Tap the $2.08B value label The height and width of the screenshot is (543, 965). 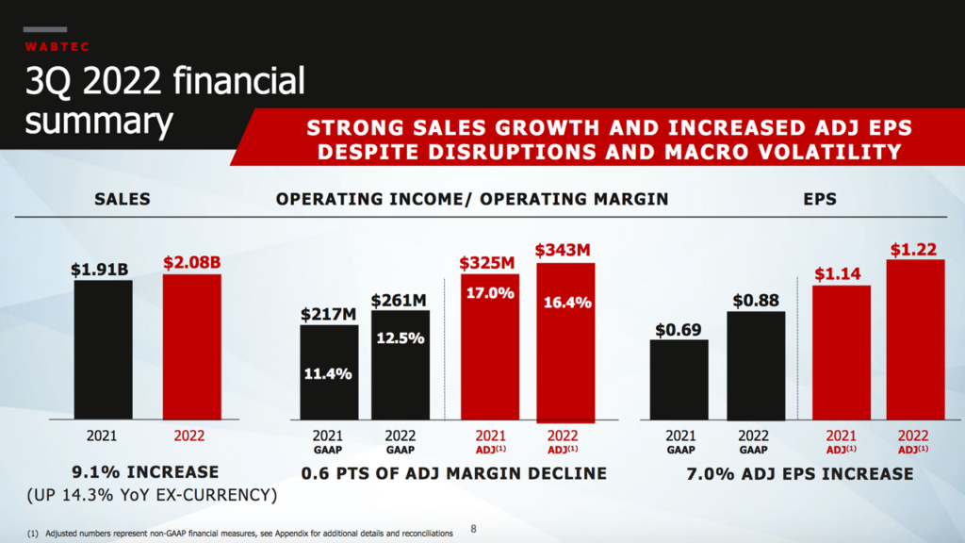[191, 263]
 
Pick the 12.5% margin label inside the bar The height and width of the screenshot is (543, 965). [400, 337]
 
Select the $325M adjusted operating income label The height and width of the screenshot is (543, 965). [489, 263]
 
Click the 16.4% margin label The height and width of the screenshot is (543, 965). [566, 303]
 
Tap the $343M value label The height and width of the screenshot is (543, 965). [566, 251]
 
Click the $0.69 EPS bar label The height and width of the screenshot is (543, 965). [679, 330]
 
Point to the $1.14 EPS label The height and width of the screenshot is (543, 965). [841, 274]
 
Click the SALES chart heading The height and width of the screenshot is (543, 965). [123, 199]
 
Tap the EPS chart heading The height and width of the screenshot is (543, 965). [821, 199]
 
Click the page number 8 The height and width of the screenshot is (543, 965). [473, 529]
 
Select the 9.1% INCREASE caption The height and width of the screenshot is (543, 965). [145, 472]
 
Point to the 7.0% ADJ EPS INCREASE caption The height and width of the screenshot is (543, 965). [799, 473]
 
